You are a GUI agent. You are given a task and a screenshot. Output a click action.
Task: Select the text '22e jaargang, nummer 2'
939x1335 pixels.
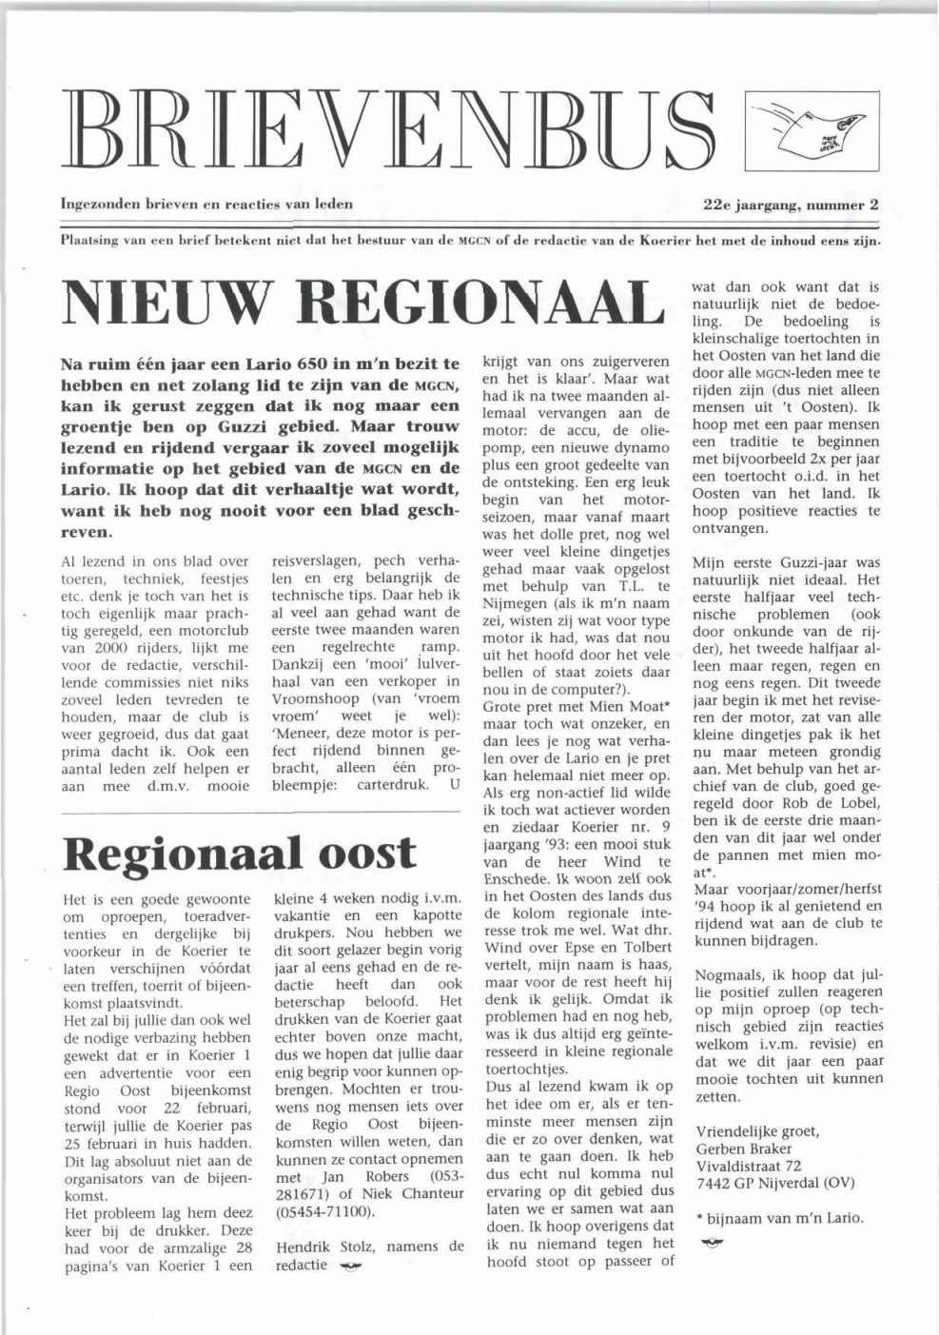point(791,204)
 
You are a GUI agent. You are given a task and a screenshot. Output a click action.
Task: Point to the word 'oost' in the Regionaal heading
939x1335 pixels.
point(366,853)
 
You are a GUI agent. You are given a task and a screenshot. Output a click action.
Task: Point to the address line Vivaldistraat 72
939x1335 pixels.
point(749,1166)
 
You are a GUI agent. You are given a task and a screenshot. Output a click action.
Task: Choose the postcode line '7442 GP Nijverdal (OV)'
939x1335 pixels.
point(774,1184)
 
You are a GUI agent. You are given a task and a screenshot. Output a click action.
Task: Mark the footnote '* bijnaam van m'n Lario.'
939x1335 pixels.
point(780,1218)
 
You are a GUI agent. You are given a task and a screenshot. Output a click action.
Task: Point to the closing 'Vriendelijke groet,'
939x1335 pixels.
point(757,1131)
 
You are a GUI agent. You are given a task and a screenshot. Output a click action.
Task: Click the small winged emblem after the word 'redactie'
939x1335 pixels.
point(349,1266)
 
